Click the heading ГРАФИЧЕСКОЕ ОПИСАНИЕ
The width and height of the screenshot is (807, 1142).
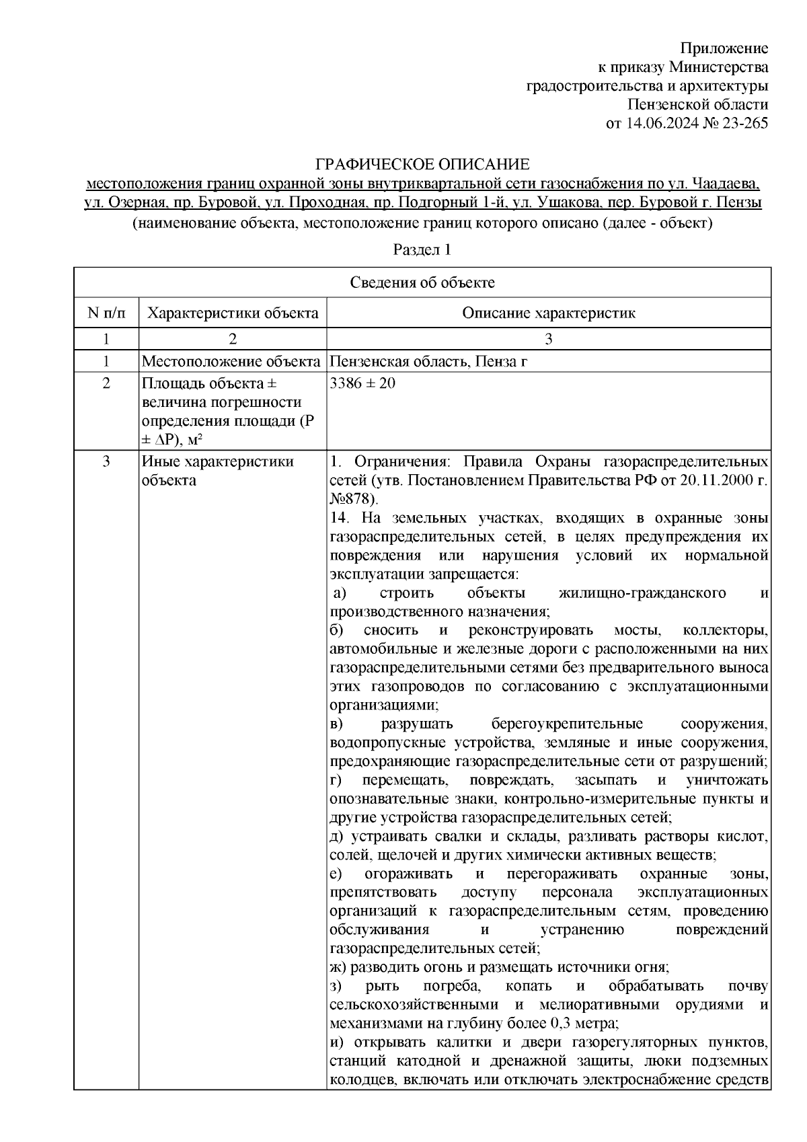tap(423, 164)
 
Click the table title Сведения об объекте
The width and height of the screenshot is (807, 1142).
tap(422, 282)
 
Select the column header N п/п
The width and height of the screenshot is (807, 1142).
tap(106, 313)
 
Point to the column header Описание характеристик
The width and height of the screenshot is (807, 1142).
tap(549, 313)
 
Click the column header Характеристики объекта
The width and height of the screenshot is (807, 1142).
tap(233, 313)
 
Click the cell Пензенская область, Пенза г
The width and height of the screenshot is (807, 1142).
tap(428, 362)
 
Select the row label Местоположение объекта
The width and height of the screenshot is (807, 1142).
tap(231, 362)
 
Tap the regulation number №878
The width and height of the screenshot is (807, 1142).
tap(354, 499)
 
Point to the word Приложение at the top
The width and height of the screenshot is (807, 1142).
tap(724, 48)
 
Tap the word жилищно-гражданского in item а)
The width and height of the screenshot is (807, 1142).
tap(642, 593)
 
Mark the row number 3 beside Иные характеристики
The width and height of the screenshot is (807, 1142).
tap(106, 462)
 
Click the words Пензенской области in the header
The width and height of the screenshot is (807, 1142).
tap(697, 105)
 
